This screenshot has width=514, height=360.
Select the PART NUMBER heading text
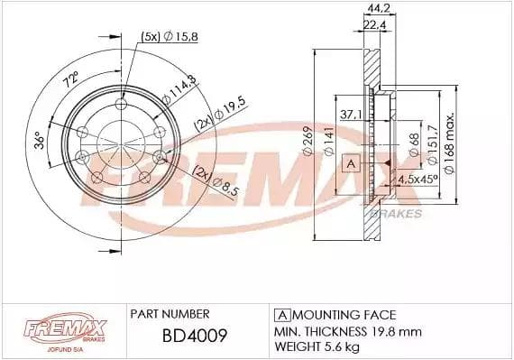(170, 314)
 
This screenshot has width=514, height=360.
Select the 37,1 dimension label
(352, 115)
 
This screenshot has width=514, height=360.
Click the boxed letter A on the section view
(352, 163)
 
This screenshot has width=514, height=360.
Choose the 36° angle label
(40, 140)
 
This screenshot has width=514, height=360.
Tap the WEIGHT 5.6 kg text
(317, 346)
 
